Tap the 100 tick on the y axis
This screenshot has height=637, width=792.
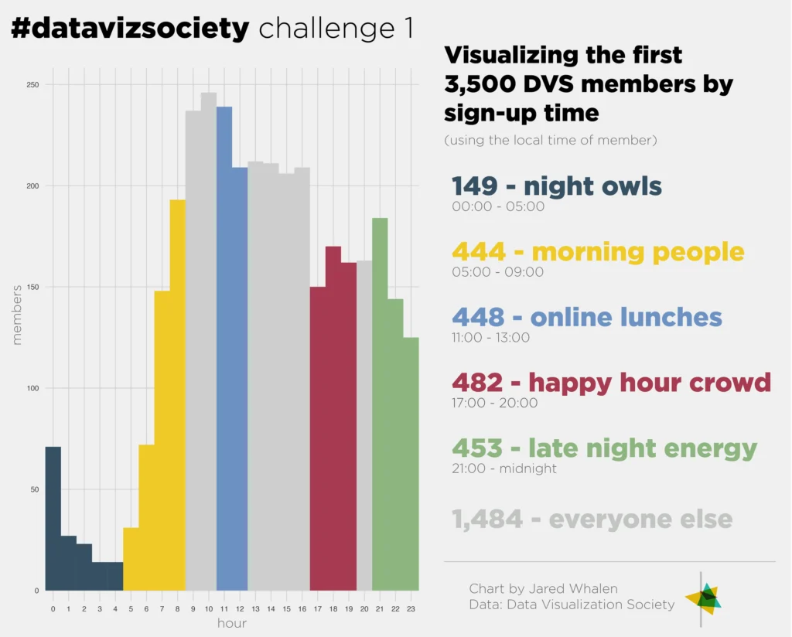pos(32,388)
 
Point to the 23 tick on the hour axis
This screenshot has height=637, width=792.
pos(411,609)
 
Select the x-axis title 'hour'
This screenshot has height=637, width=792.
pos(232,623)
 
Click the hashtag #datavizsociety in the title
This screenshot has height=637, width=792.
pos(130,29)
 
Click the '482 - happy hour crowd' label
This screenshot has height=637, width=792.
pos(611,382)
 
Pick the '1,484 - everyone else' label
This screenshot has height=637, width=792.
pos(592,519)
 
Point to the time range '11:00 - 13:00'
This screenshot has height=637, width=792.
pos(490,338)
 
